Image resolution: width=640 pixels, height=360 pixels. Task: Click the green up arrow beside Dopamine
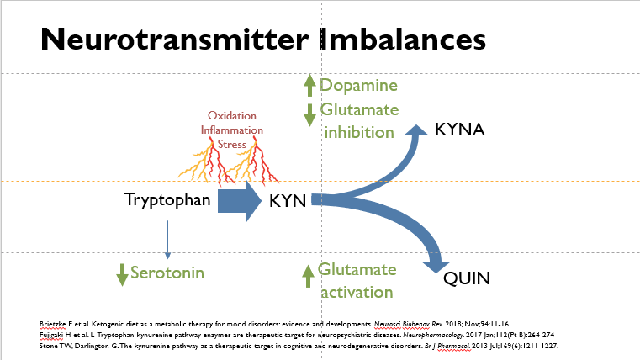(x=309, y=86)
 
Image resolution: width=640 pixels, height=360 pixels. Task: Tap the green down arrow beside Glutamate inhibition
(x=309, y=114)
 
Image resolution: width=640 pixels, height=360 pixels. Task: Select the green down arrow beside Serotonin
(x=122, y=274)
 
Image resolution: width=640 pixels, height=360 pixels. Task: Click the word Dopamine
(x=358, y=86)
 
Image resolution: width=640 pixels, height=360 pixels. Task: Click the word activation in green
(x=356, y=292)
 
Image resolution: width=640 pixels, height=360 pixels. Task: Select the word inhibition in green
(x=358, y=132)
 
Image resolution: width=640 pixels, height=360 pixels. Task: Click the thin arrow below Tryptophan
(x=168, y=238)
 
